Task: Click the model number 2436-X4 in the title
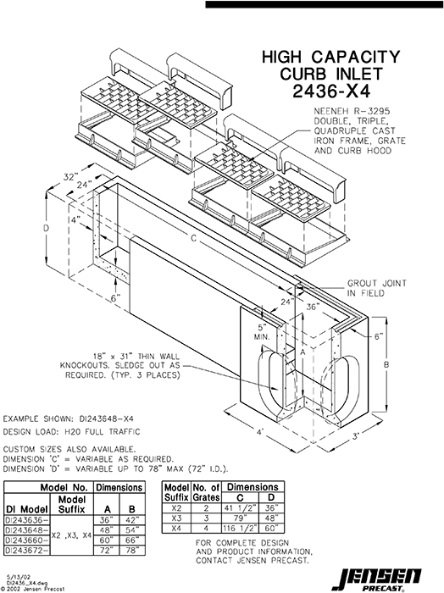(330, 91)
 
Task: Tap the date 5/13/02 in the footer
(14, 575)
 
